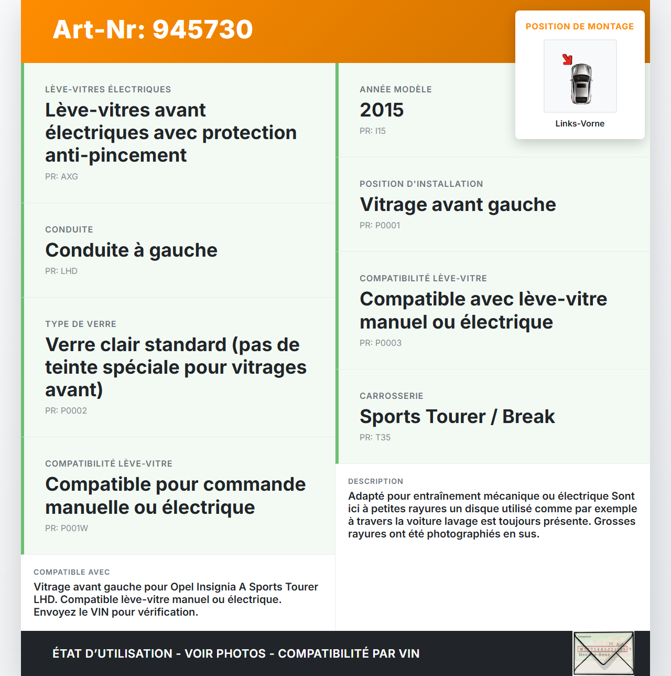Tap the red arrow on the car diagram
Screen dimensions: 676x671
pos(567,59)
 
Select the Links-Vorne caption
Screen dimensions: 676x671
pos(580,123)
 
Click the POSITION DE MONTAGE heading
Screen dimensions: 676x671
pos(580,26)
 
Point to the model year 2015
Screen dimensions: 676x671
pos(382,110)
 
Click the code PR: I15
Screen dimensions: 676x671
pos(373,131)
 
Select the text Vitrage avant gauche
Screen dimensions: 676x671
pos(458,204)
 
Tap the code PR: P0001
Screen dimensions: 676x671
pos(380,225)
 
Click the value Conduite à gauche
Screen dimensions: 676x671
pos(131,250)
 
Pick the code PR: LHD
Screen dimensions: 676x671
pos(61,271)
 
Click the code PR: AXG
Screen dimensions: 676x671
pos(61,176)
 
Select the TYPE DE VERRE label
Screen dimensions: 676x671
pos(81,324)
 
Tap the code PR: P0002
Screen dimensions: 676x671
pos(66,410)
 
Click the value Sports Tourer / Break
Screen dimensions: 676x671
pos(457,416)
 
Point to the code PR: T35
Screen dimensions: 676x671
pos(375,437)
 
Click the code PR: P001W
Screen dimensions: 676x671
pos(67,528)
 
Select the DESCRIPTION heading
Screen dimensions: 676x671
pos(375,481)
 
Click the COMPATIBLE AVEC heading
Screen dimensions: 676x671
pos(72,572)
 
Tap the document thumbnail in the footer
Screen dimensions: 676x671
pos(603,653)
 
